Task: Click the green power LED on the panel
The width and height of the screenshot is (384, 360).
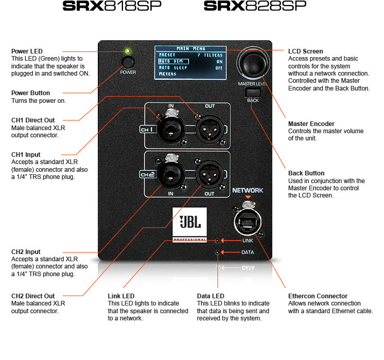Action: pyautogui.click(x=127, y=51)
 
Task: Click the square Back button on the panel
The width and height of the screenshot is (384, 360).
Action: pyautogui.click(x=253, y=93)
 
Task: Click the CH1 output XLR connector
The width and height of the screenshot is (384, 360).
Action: pyautogui.click(x=210, y=130)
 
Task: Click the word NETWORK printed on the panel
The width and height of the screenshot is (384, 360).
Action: pyautogui.click(x=248, y=190)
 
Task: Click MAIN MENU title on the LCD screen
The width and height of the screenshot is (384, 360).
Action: pyautogui.click(x=190, y=48)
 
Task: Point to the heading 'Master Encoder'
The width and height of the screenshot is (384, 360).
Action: pyautogui.click(x=311, y=124)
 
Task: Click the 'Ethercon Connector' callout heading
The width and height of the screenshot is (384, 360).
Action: pyautogui.click(x=318, y=296)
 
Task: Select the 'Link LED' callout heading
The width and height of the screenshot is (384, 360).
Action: pyautogui.click(x=121, y=296)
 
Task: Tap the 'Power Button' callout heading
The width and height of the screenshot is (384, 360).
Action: pyautogui.click(x=31, y=93)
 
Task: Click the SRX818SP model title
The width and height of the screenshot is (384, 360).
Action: pyautogui.click(x=112, y=6)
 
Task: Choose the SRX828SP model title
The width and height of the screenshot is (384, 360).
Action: pyautogui.click(x=254, y=6)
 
